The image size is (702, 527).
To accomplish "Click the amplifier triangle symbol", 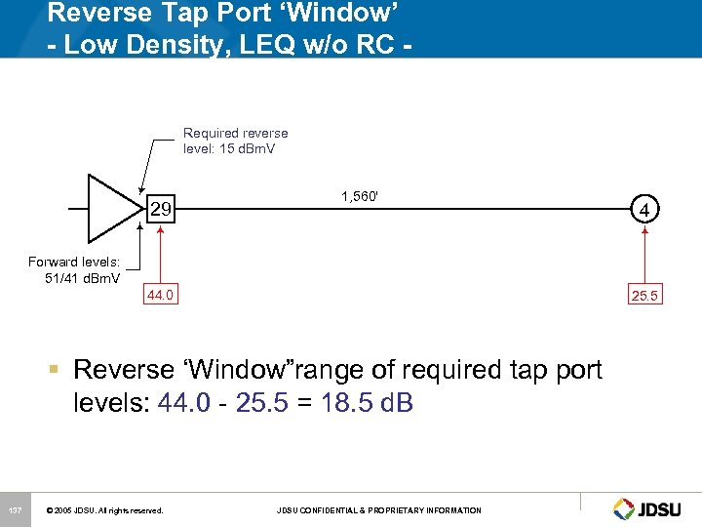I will (112, 208).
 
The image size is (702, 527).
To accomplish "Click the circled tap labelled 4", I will (643, 208).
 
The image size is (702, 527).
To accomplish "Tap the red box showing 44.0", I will (161, 294).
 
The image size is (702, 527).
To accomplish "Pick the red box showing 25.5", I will (643, 294).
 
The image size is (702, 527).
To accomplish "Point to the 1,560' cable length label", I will (360, 195).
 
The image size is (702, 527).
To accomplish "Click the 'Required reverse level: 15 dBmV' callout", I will (235, 141).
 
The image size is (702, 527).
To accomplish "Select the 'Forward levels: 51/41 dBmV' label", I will (74, 269).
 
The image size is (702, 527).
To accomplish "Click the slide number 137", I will (15, 509).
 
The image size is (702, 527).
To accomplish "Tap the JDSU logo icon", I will (624, 508).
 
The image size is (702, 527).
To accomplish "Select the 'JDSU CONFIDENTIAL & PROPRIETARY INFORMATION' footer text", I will (378, 510).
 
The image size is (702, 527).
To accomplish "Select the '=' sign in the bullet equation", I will (315, 402).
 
